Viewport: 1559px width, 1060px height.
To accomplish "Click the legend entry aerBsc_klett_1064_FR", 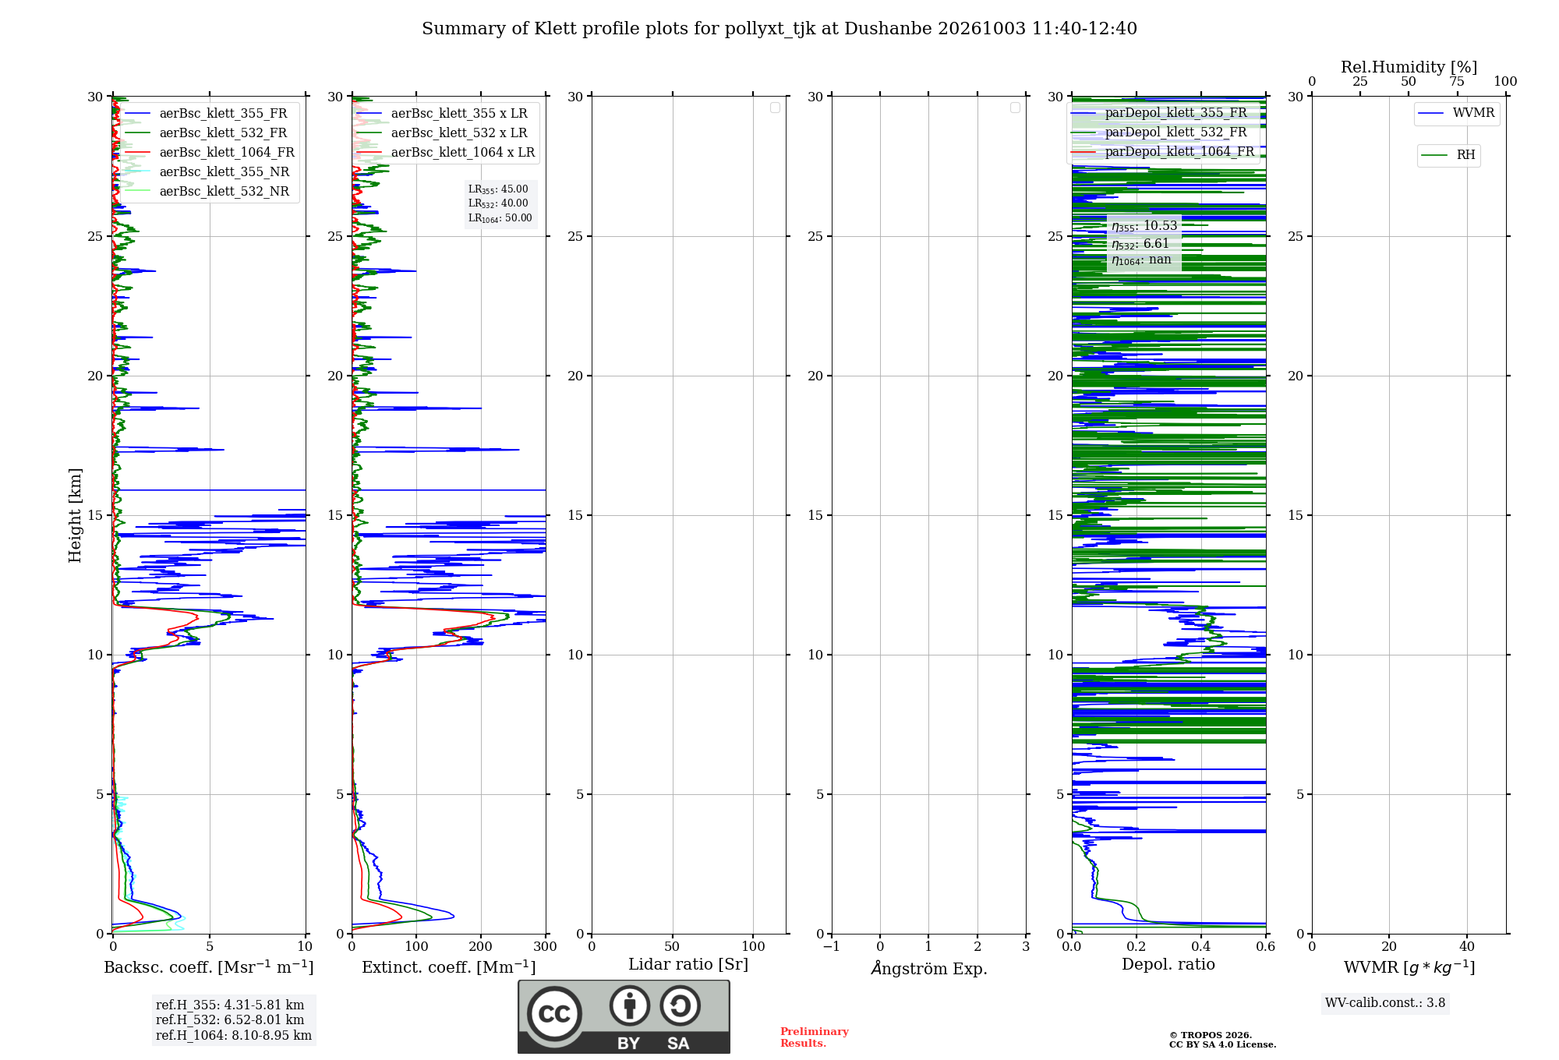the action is [x=210, y=152].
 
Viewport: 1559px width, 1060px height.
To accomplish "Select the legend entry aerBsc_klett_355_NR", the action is [x=207, y=171].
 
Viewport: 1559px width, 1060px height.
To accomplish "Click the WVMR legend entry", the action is [x=1456, y=113].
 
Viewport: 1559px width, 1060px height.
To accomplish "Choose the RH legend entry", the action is [x=1448, y=155].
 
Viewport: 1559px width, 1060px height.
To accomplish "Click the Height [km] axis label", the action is [x=75, y=514].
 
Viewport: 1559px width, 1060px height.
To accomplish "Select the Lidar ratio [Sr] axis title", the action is [x=688, y=964].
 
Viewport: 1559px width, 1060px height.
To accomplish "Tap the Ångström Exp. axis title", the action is [x=929, y=968].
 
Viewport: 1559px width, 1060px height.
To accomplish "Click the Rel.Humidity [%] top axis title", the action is [x=1409, y=67].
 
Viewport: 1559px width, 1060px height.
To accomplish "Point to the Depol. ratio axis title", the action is [x=1168, y=964].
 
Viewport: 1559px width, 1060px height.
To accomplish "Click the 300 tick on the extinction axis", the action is [x=546, y=946].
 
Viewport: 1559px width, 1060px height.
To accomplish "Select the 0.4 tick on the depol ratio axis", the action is [x=1201, y=946].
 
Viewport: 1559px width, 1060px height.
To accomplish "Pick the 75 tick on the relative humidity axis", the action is [x=1457, y=81].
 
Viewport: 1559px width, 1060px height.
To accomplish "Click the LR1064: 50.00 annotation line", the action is [x=500, y=218].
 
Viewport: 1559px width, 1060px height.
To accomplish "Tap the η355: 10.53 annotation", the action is [x=1144, y=226].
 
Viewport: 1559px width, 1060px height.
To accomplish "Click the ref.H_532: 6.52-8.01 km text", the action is [x=230, y=1019].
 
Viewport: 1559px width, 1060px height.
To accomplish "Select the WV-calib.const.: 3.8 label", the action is [x=1385, y=1002].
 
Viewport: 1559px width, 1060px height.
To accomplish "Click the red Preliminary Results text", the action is [x=815, y=1037].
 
